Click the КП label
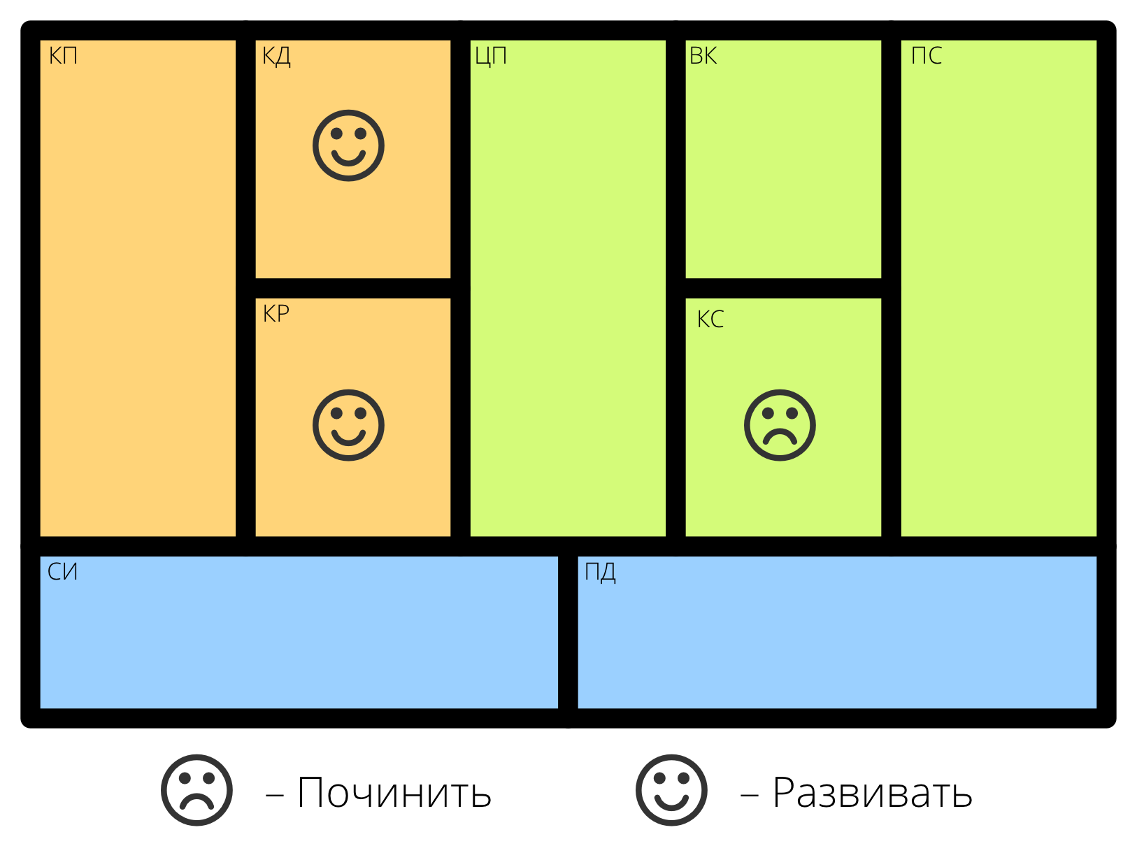pyautogui.click(x=63, y=56)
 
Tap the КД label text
pyautogui.click(x=276, y=56)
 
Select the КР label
pyautogui.click(x=276, y=314)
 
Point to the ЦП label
pyautogui.click(x=491, y=56)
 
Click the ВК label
pyautogui.click(x=703, y=56)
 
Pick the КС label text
pyautogui.click(x=710, y=320)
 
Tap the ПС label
pyautogui.click(x=927, y=56)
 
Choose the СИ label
pyautogui.click(x=62, y=572)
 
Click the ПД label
pyautogui.click(x=600, y=572)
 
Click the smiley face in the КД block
pyautogui.click(x=348, y=145)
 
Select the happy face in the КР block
pyautogui.click(x=348, y=425)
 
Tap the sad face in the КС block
pyautogui.click(x=780, y=425)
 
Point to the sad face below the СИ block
pyautogui.click(x=196, y=790)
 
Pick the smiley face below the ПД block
pyautogui.click(x=671, y=790)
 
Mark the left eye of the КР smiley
pyautogui.click(x=336, y=413)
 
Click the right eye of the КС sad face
pyautogui.click(x=792, y=413)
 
